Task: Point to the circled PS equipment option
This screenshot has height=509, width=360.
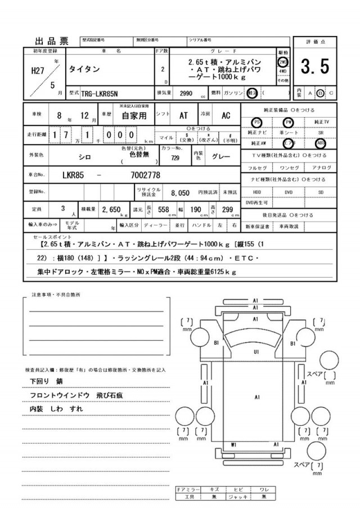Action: (x=256, y=121)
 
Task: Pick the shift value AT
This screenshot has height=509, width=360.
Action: (x=183, y=115)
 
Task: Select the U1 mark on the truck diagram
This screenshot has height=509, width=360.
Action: (x=256, y=352)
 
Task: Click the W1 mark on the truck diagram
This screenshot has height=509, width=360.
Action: (x=232, y=444)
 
